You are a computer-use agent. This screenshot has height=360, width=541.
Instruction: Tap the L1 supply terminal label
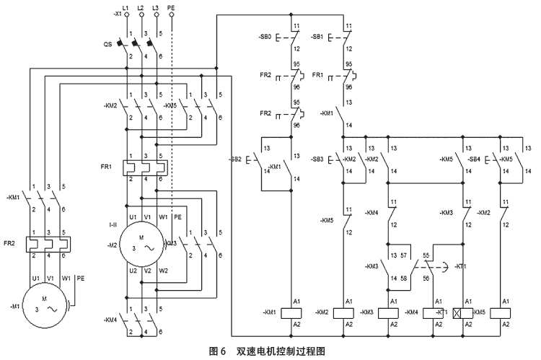127,7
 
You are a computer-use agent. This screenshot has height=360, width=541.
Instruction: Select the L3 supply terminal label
156,7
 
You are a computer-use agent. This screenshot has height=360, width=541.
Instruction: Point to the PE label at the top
171,7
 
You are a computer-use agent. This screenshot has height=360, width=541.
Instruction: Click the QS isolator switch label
107,43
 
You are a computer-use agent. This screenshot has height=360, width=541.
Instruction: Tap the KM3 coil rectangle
390,312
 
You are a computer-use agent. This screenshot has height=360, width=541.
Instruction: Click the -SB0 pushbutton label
266,36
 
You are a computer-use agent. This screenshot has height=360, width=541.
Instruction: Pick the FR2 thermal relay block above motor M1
45,244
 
